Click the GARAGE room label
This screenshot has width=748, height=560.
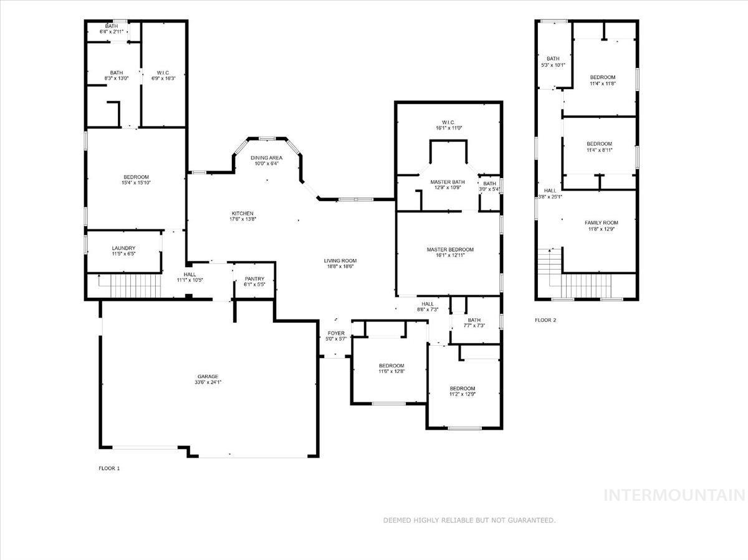coord(208,376)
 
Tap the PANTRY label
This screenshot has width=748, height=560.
coord(254,278)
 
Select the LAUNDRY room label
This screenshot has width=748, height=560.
coord(123,248)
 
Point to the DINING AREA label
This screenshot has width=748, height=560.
coord(266,158)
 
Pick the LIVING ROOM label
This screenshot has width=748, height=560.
coord(339,260)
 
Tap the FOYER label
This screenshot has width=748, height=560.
coord(335,333)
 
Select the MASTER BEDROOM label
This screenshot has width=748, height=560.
coord(449,250)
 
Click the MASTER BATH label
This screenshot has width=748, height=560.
coord(448,182)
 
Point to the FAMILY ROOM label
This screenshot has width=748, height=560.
coord(601,223)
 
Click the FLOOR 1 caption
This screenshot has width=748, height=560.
coord(109,468)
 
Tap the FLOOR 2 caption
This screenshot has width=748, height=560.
coord(545,320)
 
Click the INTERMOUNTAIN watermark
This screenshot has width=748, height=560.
coord(674,495)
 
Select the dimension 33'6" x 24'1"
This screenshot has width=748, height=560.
coord(208,382)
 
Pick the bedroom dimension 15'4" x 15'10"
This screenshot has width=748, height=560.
coord(135,183)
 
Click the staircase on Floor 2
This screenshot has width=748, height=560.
coord(586,286)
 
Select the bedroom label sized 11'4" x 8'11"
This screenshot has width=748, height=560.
coord(599,143)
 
